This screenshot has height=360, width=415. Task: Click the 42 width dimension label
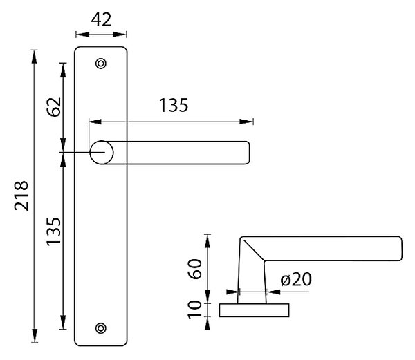(101, 19)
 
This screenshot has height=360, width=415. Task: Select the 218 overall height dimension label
(21, 196)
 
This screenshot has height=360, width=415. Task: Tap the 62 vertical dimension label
(54, 107)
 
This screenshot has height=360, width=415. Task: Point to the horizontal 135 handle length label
(174, 105)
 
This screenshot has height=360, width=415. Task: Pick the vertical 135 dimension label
(54, 231)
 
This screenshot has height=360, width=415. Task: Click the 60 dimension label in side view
(195, 269)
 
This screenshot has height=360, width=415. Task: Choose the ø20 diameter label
(296, 279)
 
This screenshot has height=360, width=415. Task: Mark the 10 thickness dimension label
(195, 310)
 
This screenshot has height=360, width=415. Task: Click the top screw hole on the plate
(101, 64)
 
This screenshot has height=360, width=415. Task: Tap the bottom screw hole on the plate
(101, 328)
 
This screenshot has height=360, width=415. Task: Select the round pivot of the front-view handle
(102, 153)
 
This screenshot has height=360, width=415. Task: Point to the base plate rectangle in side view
(254, 310)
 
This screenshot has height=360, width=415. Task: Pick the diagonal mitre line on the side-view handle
(254, 250)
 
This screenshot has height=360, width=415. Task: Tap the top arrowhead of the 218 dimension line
(34, 57)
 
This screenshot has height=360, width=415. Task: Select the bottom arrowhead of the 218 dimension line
(34, 336)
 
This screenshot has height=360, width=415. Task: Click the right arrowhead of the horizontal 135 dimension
(246, 122)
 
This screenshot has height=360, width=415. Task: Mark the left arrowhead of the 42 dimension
(82, 35)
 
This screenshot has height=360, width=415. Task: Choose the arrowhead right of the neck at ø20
(273, 292)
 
